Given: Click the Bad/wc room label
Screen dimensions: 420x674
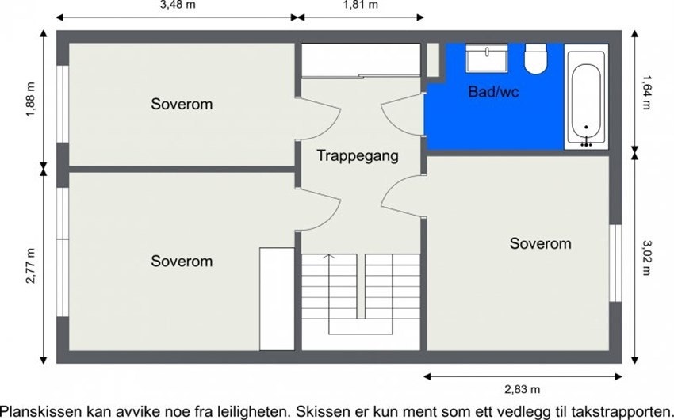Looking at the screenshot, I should [493, 92].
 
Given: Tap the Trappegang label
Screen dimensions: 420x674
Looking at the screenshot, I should [358, 156].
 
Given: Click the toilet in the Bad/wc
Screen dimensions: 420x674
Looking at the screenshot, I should [536, 59].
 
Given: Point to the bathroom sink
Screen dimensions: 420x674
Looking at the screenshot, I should [486, 57].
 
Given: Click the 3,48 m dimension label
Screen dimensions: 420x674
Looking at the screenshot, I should [178, 5].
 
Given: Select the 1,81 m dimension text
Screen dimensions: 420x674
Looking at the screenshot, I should [360, 5].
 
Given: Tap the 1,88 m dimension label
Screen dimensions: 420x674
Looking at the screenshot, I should [31, 101].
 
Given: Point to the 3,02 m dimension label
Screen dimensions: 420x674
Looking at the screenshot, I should [647, 258].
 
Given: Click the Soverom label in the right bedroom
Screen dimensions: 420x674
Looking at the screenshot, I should [540, 243].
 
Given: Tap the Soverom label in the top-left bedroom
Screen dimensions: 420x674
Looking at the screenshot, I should [182, 104].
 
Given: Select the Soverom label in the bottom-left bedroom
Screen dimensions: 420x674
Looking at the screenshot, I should [182, 261].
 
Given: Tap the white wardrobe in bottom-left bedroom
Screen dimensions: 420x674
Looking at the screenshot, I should [277, 298].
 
